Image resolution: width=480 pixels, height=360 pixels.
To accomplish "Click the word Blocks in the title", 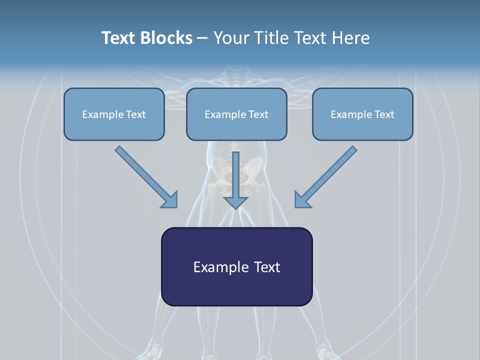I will tap(165, 38).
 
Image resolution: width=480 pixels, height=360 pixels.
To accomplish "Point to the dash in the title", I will tap(202, 38).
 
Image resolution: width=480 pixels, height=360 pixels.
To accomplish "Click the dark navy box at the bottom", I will tap(236, 287).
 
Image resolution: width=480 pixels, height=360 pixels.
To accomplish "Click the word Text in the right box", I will tap(384, 114).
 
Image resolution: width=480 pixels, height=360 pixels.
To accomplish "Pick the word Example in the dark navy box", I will tap(220, 267).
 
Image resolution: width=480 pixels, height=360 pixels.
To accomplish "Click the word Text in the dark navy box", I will tap(266, 267).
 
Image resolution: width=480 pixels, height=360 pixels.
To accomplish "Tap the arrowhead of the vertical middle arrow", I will tap(235, 202).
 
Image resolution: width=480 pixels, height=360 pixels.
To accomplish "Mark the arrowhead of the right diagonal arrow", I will tap(302, 200).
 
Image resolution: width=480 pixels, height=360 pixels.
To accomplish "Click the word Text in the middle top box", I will tap(257, 114).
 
